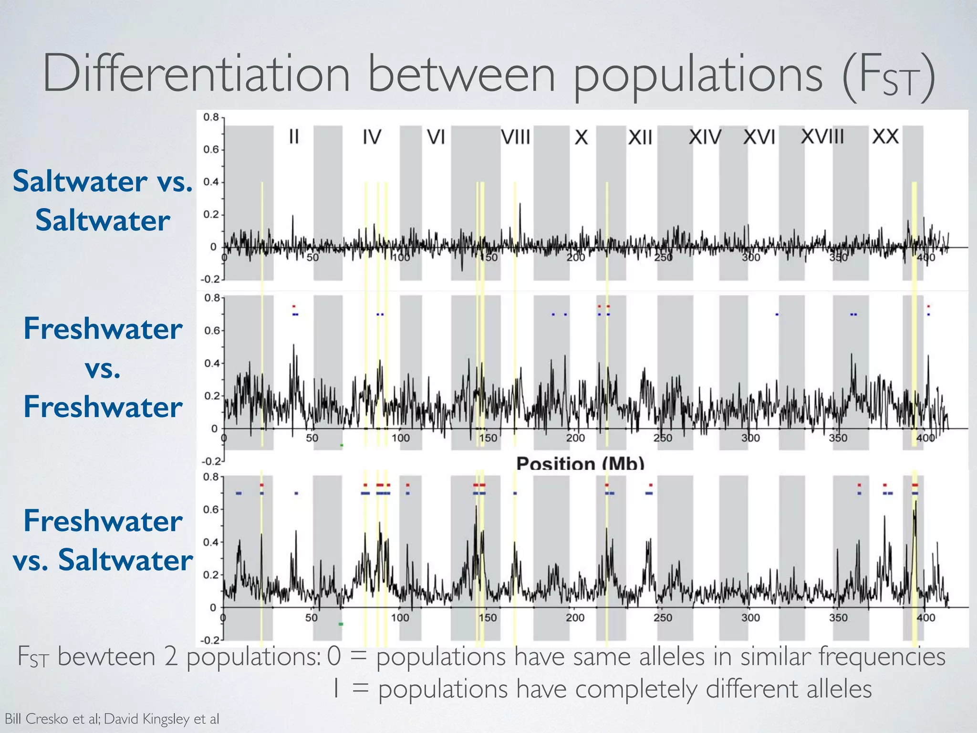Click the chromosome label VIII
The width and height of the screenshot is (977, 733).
516,137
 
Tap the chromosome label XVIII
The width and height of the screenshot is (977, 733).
822,136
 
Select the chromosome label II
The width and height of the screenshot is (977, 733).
294,137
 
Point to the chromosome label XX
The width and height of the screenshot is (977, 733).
885,137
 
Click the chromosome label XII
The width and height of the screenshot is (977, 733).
640,138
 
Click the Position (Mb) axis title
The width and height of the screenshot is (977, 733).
580,463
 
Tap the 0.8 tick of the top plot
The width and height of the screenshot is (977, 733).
211,117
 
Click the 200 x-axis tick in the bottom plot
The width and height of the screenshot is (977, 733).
575,618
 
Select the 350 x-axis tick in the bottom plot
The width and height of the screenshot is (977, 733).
838,618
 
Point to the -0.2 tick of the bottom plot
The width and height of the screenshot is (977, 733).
209,639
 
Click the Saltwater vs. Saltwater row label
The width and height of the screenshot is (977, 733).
103,200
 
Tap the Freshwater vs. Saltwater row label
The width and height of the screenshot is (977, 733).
103,540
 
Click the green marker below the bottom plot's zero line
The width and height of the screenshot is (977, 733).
341,624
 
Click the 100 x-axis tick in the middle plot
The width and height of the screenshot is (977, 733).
401,438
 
